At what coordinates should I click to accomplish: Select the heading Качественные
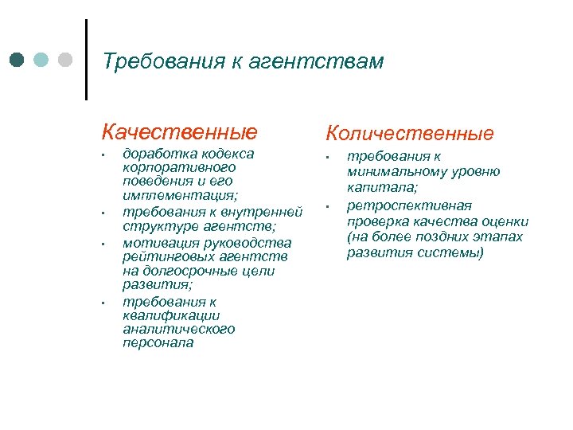pos(179,131)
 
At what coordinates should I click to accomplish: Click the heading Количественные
pos(408,133)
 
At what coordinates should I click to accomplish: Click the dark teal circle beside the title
pos(18,60)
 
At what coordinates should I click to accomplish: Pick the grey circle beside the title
pos(64,60)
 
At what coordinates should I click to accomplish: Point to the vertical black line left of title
pos(85,60)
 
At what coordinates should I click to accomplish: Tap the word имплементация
pos(180,195)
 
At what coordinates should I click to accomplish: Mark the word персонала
pos(158,343)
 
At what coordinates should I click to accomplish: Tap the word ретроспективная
pos(409,206)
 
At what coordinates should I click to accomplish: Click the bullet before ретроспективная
pos(327,208)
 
